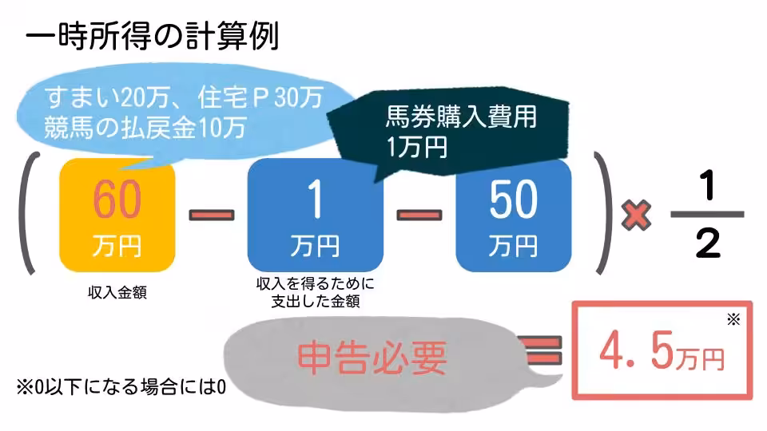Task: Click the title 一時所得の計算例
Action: [x=152, y=37]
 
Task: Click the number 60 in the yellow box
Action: [x=117, y=200]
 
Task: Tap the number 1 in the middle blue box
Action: [x=315, y=200]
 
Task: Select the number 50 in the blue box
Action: [x=513, y=200]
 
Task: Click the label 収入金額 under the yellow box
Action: [x=117, y=293]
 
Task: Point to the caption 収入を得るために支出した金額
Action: [x=315, y=292]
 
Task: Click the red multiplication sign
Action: [x=637, y=213]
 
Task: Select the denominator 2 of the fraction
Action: [x=707, y=243]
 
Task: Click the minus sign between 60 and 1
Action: [x=212, y=214]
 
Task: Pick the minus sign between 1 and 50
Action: [x=419, y=214]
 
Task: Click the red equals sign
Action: [x=542, y=349]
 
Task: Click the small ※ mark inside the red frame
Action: [x=733, y=321]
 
